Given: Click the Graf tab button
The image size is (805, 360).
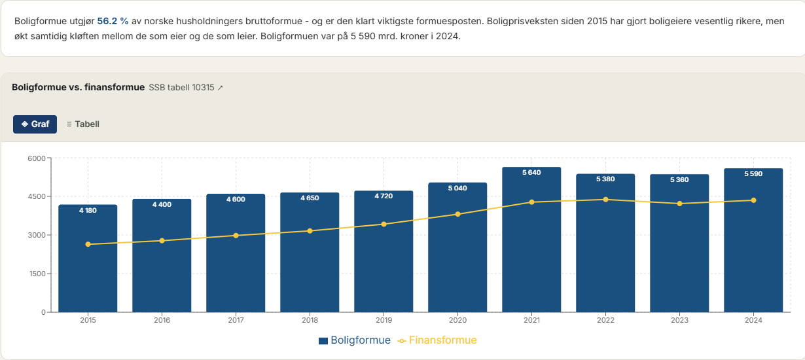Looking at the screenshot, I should tap(35, 124).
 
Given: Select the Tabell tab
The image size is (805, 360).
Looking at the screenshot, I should tap(83, 124).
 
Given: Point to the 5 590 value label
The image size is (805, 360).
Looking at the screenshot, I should tap(753, 173).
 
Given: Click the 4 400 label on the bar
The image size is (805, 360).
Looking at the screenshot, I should tap(162, 205).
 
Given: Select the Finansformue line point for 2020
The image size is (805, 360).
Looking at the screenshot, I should tap(457, 214).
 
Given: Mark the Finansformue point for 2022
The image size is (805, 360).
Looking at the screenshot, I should tap(605, 200).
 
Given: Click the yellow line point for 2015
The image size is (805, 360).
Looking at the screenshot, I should tap(88, 244).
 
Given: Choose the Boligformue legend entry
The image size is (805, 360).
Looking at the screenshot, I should tap(355, 340).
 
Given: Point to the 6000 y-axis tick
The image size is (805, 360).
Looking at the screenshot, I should tap(36, 158).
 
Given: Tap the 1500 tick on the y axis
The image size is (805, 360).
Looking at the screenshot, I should tap(36, 274).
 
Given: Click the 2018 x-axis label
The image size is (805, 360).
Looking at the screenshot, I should tap(310, 320).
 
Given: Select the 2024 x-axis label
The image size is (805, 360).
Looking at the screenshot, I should tap(753, 320).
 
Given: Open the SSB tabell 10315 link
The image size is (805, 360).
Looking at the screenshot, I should tap(186, 87).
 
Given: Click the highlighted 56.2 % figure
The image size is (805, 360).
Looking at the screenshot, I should tap(113, 21).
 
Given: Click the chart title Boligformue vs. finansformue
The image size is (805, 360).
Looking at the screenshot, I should tap(78, 87).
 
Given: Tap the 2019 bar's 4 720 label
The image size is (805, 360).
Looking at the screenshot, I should tap(384, 196).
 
